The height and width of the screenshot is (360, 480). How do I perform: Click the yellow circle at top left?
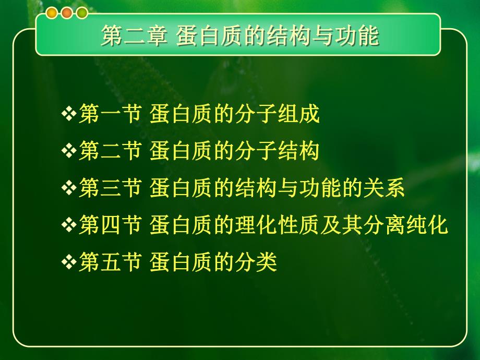pos(52,14)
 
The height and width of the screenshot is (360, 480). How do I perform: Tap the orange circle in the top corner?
pos(67,14)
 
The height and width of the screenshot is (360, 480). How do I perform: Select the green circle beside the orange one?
pos(81,14)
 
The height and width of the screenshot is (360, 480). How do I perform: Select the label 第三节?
pos(110,188)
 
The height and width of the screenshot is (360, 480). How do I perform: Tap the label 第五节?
pos(110,262)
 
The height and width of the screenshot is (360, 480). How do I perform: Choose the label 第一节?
pos(110,115)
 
